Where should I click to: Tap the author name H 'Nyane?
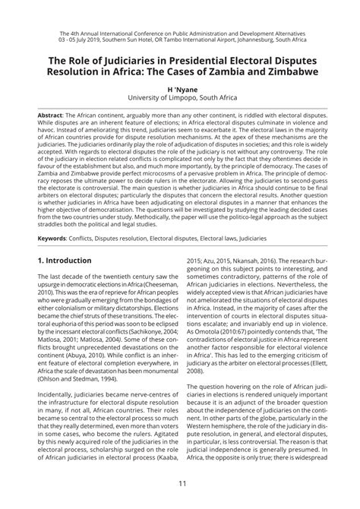180,88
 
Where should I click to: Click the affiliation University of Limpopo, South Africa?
180,98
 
